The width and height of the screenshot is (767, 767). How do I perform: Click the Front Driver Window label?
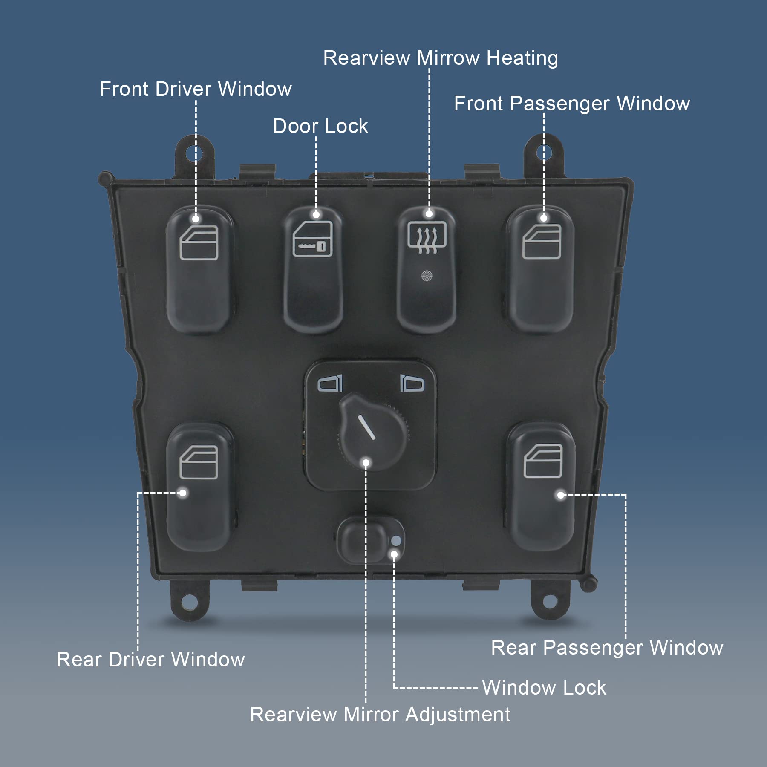(196, 89)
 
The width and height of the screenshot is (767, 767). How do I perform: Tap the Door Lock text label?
(320, 126)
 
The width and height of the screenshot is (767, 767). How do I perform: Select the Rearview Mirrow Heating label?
(440, 58)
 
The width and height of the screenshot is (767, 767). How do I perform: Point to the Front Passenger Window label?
(571, 104)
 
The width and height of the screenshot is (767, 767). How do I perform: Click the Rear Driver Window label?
(150, 660)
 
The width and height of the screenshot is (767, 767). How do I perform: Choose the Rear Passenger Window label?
(607, 648)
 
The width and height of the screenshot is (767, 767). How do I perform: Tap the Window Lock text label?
(544, 688)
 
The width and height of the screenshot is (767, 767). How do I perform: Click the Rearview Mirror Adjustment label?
(380, 715)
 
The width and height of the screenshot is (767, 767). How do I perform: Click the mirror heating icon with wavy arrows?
(427, 237)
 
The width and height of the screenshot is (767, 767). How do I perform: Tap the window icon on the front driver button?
(199, 243)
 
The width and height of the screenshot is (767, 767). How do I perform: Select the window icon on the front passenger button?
(542, 242)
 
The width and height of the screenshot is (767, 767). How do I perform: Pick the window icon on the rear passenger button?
(543, 461)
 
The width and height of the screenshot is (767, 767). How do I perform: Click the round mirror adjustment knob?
(372, 430)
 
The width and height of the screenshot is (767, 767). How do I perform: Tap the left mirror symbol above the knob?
(330, 383)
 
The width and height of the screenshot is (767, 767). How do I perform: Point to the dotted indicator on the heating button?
(427, 276)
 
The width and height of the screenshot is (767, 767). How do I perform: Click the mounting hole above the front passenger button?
(543, 152)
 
